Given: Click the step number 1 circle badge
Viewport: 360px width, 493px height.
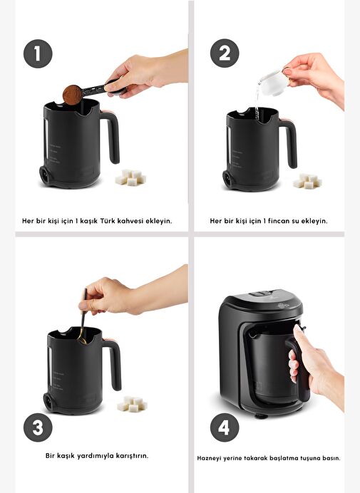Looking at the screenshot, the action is click(x=38, y=53).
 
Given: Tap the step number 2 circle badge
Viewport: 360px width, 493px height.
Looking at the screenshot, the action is click(x=225, y=53).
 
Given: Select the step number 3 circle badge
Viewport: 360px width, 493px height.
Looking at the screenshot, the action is click(x=38, y=427).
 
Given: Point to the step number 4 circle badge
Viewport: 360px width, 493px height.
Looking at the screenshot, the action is click(x=225, y=427).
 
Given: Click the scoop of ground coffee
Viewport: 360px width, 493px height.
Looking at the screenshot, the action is click(x=73, y=95).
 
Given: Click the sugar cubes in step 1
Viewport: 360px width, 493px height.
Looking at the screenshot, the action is click(x=130, y=177).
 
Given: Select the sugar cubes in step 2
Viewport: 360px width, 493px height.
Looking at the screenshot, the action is click(x=307, y=181).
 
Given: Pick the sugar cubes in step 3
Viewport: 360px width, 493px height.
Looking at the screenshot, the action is click(x=132, y=404).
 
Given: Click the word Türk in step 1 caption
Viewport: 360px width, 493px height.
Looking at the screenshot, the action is click(x=108, y=221).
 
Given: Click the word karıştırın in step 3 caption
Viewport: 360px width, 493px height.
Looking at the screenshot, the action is click(x=132, y=455).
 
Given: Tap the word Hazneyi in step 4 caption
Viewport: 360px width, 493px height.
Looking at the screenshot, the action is click(x=209, y=458).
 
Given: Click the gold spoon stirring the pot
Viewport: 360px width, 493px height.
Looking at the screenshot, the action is click(x=83, y=317).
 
